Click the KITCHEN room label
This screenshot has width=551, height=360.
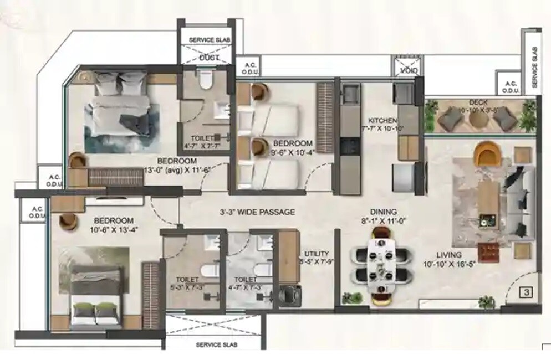[x=383, y=120]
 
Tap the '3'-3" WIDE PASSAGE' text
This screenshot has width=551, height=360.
[x=257, y=212]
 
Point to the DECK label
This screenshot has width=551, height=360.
[x=477, y=102]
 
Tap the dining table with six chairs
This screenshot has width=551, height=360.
[x=382, y=265]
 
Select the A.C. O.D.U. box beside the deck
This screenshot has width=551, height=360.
[x=509, y=87]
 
